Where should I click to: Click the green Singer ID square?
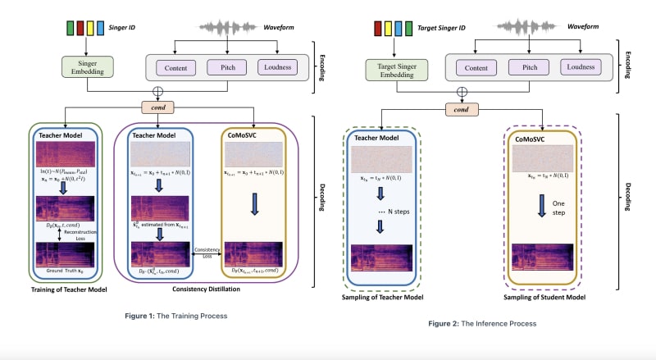[x=70, y=30]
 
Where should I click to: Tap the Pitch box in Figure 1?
[x=221, y=66]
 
